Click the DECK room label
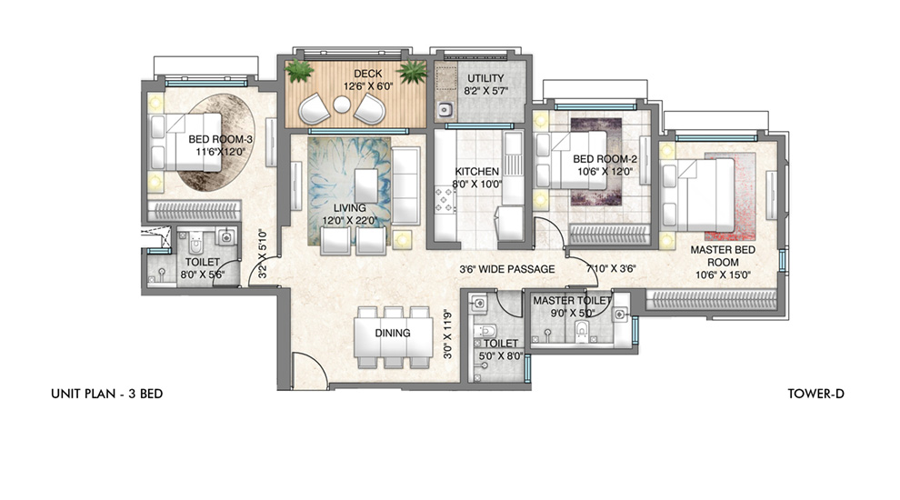pos(368,74)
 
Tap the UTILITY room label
pos(485,78)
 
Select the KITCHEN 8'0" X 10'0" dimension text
pos(477,185)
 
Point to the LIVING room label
pos(350,208)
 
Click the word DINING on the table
pos(393,333)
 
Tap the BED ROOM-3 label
pos(220,139)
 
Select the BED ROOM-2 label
pos(605,159)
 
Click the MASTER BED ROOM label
pos(723,256)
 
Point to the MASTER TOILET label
pos(572,300)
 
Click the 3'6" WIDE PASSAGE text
pos(507,269)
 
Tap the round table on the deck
pos(342,105)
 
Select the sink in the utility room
pos(445,109)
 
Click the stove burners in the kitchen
pos(445,200)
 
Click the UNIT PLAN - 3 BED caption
pos(106,394)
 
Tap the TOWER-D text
pos(815,394)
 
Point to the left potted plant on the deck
pos(300,71)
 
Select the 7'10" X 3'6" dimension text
pos(611,269)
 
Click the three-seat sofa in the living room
pos(405,186)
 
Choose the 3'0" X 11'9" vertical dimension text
pos(447,335)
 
